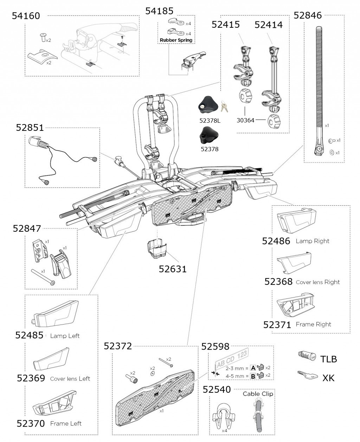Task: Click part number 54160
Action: pos(26,16)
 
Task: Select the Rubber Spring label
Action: pos(176,40)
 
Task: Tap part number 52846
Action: pos(308,15)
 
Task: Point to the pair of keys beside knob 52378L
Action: pos(224,105)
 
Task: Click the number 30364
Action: pos(245,120)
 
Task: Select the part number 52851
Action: pos(30,128)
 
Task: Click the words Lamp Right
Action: pos(313,241)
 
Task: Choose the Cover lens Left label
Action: pos(70,379)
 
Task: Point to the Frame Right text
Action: pos(313,325)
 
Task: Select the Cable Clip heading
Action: pos(258,394)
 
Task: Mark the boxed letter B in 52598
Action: pos(252,376)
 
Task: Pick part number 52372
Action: pos(118,346)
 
